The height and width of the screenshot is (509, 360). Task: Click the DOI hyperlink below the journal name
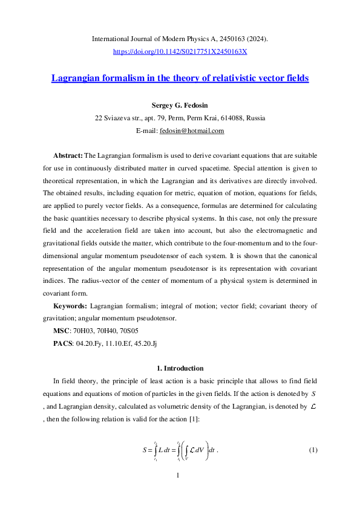click(x=180, y=52)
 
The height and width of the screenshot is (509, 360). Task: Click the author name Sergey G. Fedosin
click(x=180, y=105)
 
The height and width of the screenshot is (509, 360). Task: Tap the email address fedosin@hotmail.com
click(x=192, y=131)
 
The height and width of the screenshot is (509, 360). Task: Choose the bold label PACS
click(x=63, y=343)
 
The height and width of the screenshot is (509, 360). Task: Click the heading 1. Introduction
click(x=180, y=368)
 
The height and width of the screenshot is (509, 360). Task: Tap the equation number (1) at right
click(x=313, y=450)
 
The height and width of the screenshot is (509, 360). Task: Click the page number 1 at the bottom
click(x=178, y=476)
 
